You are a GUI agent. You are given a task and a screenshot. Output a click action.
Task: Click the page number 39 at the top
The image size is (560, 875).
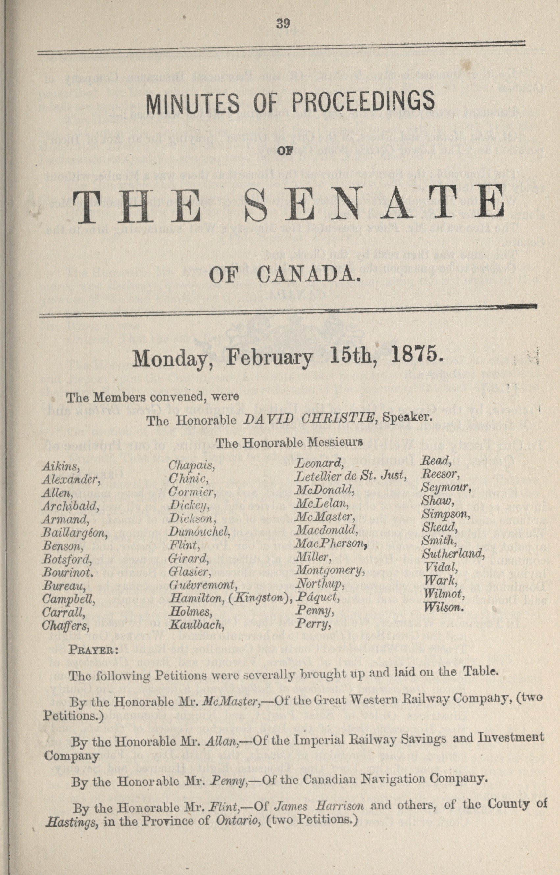pos(283,24)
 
